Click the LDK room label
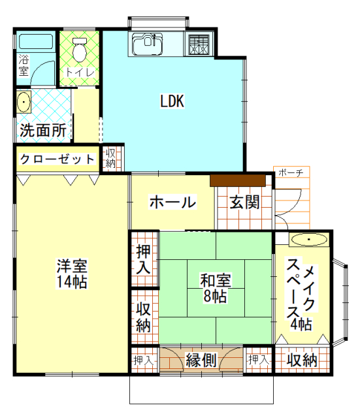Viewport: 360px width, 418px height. point(173,102)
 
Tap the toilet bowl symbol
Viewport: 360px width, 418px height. point(80,48)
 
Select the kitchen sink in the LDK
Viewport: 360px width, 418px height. point(147,45)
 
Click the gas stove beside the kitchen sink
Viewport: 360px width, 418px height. point(199,44)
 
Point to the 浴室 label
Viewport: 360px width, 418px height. point(24,65)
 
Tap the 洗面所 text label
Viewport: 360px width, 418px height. point(43,130)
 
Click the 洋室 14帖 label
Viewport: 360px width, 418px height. point(71,274)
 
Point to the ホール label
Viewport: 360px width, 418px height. point(172,202)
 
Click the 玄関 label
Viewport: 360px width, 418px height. point(244,202)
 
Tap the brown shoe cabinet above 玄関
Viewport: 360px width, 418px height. point(237,179)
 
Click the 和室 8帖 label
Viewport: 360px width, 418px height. point(215,288)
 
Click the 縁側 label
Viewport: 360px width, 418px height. point(201,360)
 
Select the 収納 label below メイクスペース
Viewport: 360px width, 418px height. point(302,360)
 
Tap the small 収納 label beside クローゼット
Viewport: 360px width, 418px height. point(110,158)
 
